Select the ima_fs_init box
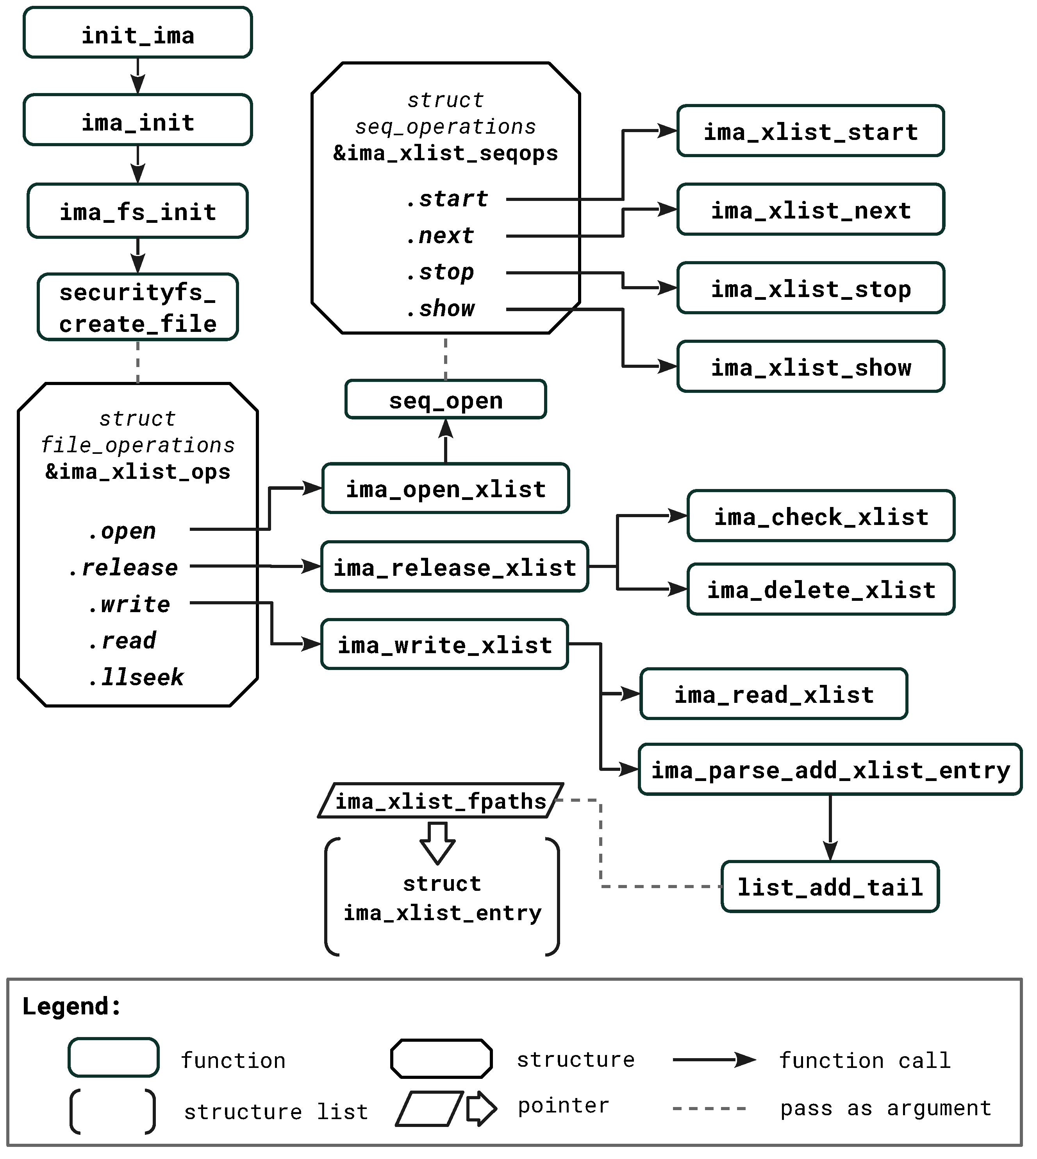tap(137, 211)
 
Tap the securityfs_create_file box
tap(137, 308)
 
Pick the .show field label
tap(441, 309)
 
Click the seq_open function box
tap(446, 400)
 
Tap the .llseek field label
tap(136, 677)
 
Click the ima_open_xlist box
tap(446, 489)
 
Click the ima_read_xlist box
tap(774, 694)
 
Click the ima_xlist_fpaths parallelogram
tap(441, 801)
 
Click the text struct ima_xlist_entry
tap(442, 898)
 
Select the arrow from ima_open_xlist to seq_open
tap(446, 442)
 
